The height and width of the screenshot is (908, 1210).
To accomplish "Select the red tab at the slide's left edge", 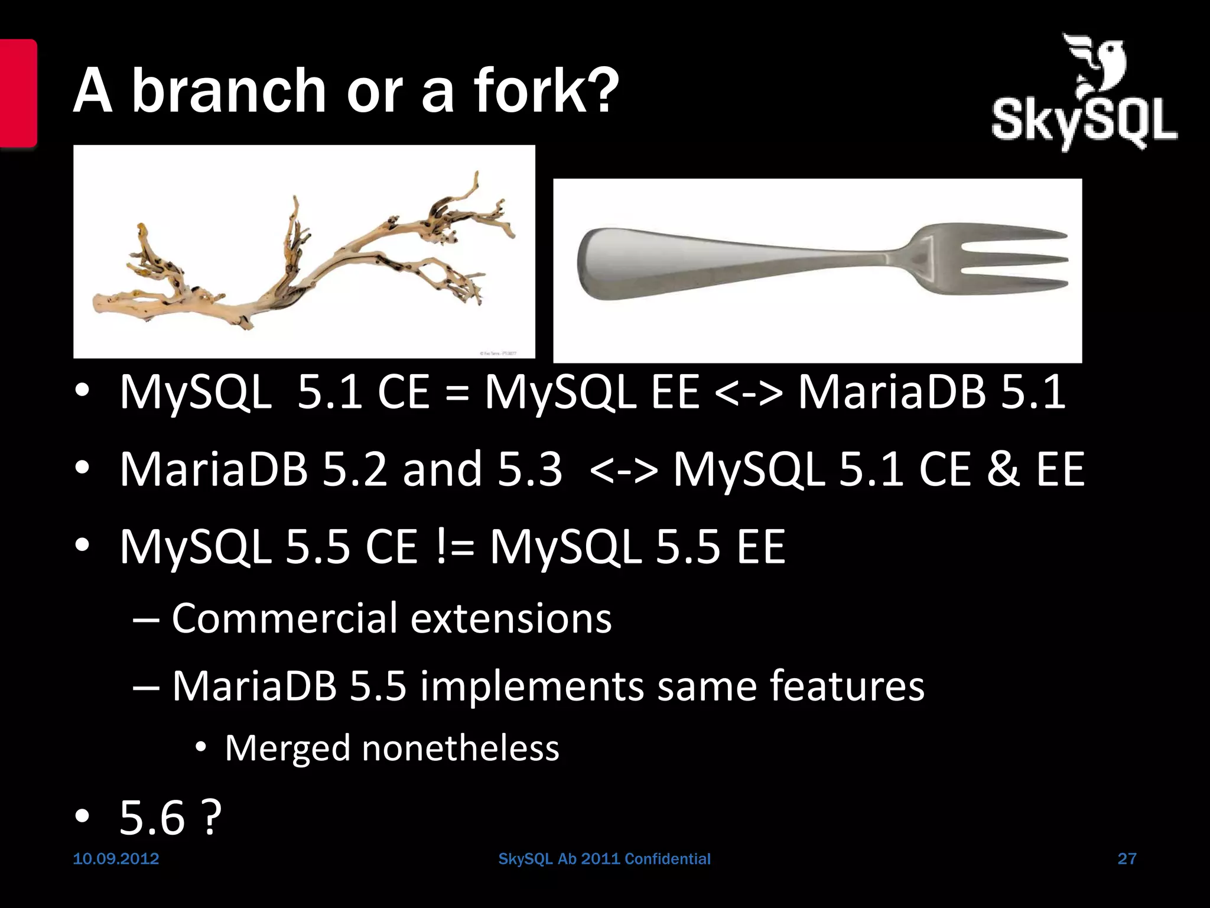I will tap(18, 93).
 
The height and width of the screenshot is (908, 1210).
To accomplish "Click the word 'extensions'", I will tap(510, 618).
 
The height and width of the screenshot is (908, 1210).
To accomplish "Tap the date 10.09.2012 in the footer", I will tap(116, 859).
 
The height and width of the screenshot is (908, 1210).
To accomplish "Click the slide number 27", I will tap(1127, 859).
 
